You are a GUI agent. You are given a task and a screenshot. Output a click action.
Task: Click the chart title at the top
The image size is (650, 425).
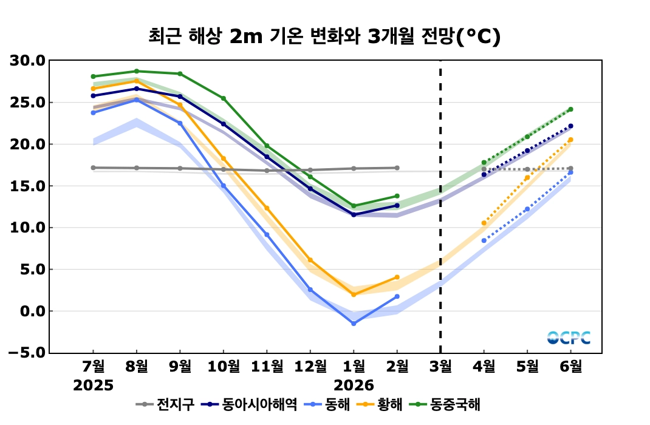coord(324,37)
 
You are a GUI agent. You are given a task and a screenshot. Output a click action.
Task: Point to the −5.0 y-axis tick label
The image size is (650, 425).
coord(27,353)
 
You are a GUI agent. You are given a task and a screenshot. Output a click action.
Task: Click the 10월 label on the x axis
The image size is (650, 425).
coord(224,367)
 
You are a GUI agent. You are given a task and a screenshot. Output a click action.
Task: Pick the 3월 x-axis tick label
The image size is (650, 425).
coord(440,367)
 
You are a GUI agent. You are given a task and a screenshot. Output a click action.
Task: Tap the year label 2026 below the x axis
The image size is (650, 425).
coord(354,386)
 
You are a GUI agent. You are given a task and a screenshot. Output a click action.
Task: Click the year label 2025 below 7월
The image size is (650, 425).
coord(94,386)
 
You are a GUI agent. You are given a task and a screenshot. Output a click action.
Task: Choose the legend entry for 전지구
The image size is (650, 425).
coord(165,404)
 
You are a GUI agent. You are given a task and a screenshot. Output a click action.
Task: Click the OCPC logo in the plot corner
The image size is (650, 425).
coord(569,338)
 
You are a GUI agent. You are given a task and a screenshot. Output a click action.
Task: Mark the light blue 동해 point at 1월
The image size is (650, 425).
coord(354,324)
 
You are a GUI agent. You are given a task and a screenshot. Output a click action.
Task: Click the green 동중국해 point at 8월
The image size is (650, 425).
coord(137,71)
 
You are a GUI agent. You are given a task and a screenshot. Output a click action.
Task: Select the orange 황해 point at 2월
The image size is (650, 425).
coord(397,277)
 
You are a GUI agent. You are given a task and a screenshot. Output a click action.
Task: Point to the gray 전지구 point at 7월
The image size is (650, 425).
coord(93,168)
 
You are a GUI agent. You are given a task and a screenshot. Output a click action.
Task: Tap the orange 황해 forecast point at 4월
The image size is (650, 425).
coord(484,223)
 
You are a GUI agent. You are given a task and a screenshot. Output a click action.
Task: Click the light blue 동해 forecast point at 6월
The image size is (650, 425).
coord(570,172)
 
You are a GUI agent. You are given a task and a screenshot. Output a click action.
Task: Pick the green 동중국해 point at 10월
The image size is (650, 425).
coord(224,98)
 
